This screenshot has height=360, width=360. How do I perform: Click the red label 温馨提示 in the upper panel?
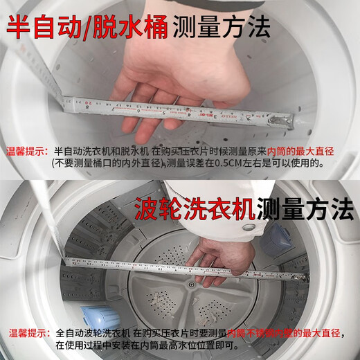(x=26, y=150)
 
